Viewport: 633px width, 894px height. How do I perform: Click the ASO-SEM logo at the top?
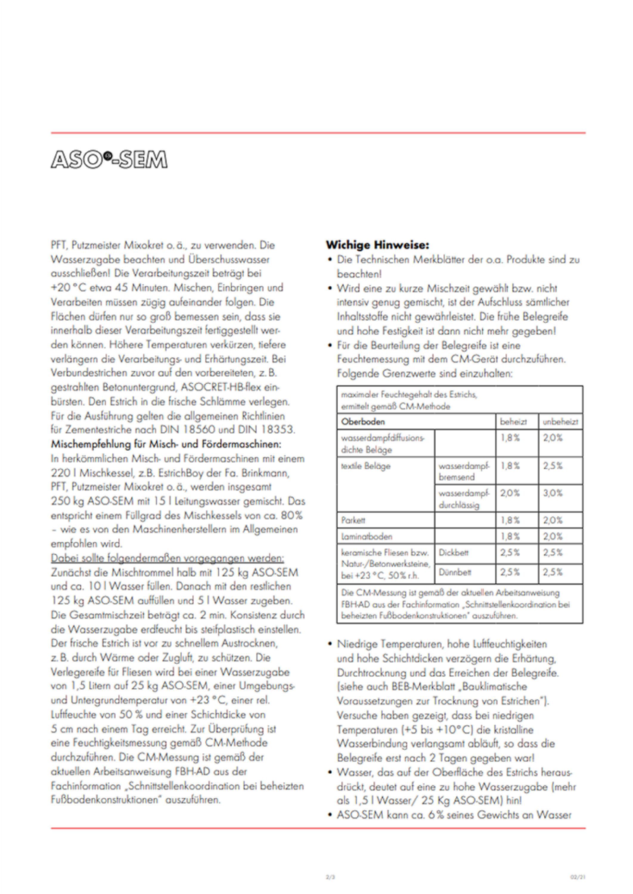click(109, 159)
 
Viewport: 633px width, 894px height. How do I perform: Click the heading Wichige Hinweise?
click(377, 245)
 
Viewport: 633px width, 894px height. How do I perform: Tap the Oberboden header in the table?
click(363, 422)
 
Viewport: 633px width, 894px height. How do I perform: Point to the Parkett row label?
click(353, 521)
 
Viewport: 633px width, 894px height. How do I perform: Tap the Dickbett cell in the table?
click(453, 552)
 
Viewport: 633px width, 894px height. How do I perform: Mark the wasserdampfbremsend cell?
click(464, 471)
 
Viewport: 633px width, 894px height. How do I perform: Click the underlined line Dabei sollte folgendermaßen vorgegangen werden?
click(167, 558)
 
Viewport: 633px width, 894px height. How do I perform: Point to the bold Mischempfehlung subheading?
click(166, 444)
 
